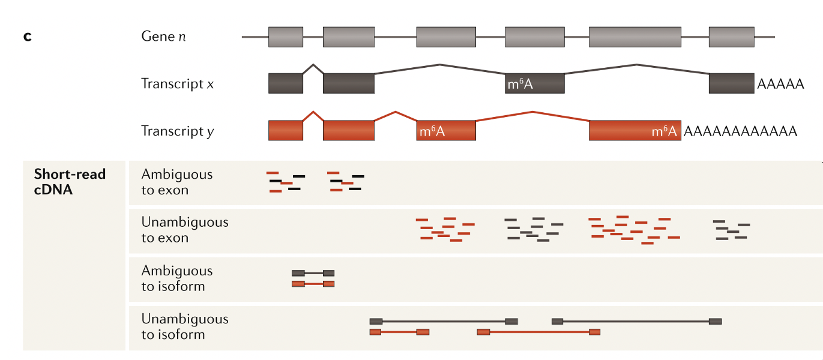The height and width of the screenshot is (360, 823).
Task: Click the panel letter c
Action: point(27,37)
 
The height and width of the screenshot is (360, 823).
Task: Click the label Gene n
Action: point(163,37)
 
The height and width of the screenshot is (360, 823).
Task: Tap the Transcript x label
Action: point(177,83)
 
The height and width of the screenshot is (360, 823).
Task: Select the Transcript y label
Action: point(177,131)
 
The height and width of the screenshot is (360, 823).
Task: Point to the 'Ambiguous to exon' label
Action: point(176,182)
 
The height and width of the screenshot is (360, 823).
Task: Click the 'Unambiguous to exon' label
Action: point(185,230)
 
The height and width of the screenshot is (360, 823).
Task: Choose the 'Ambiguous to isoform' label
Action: point(176,278)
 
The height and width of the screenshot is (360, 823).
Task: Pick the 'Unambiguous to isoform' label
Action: point(185,326)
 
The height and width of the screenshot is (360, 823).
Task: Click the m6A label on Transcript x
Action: point(520,84)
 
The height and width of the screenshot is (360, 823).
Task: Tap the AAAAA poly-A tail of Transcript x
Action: point(780,84)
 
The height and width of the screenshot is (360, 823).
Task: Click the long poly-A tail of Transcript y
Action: point(740,131)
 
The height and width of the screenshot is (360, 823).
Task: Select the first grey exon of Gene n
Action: point(286,37)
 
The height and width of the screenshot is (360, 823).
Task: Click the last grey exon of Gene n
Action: point(731,37)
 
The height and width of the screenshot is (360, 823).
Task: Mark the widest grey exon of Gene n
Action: point(635,37)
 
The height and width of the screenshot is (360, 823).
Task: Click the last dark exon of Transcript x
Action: point(731,84)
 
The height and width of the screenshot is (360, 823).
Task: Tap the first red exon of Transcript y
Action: point(286,131)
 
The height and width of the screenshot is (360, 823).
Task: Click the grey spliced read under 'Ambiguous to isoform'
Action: point(313,273)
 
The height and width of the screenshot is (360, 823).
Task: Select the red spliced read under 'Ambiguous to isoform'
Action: point(313,284)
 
